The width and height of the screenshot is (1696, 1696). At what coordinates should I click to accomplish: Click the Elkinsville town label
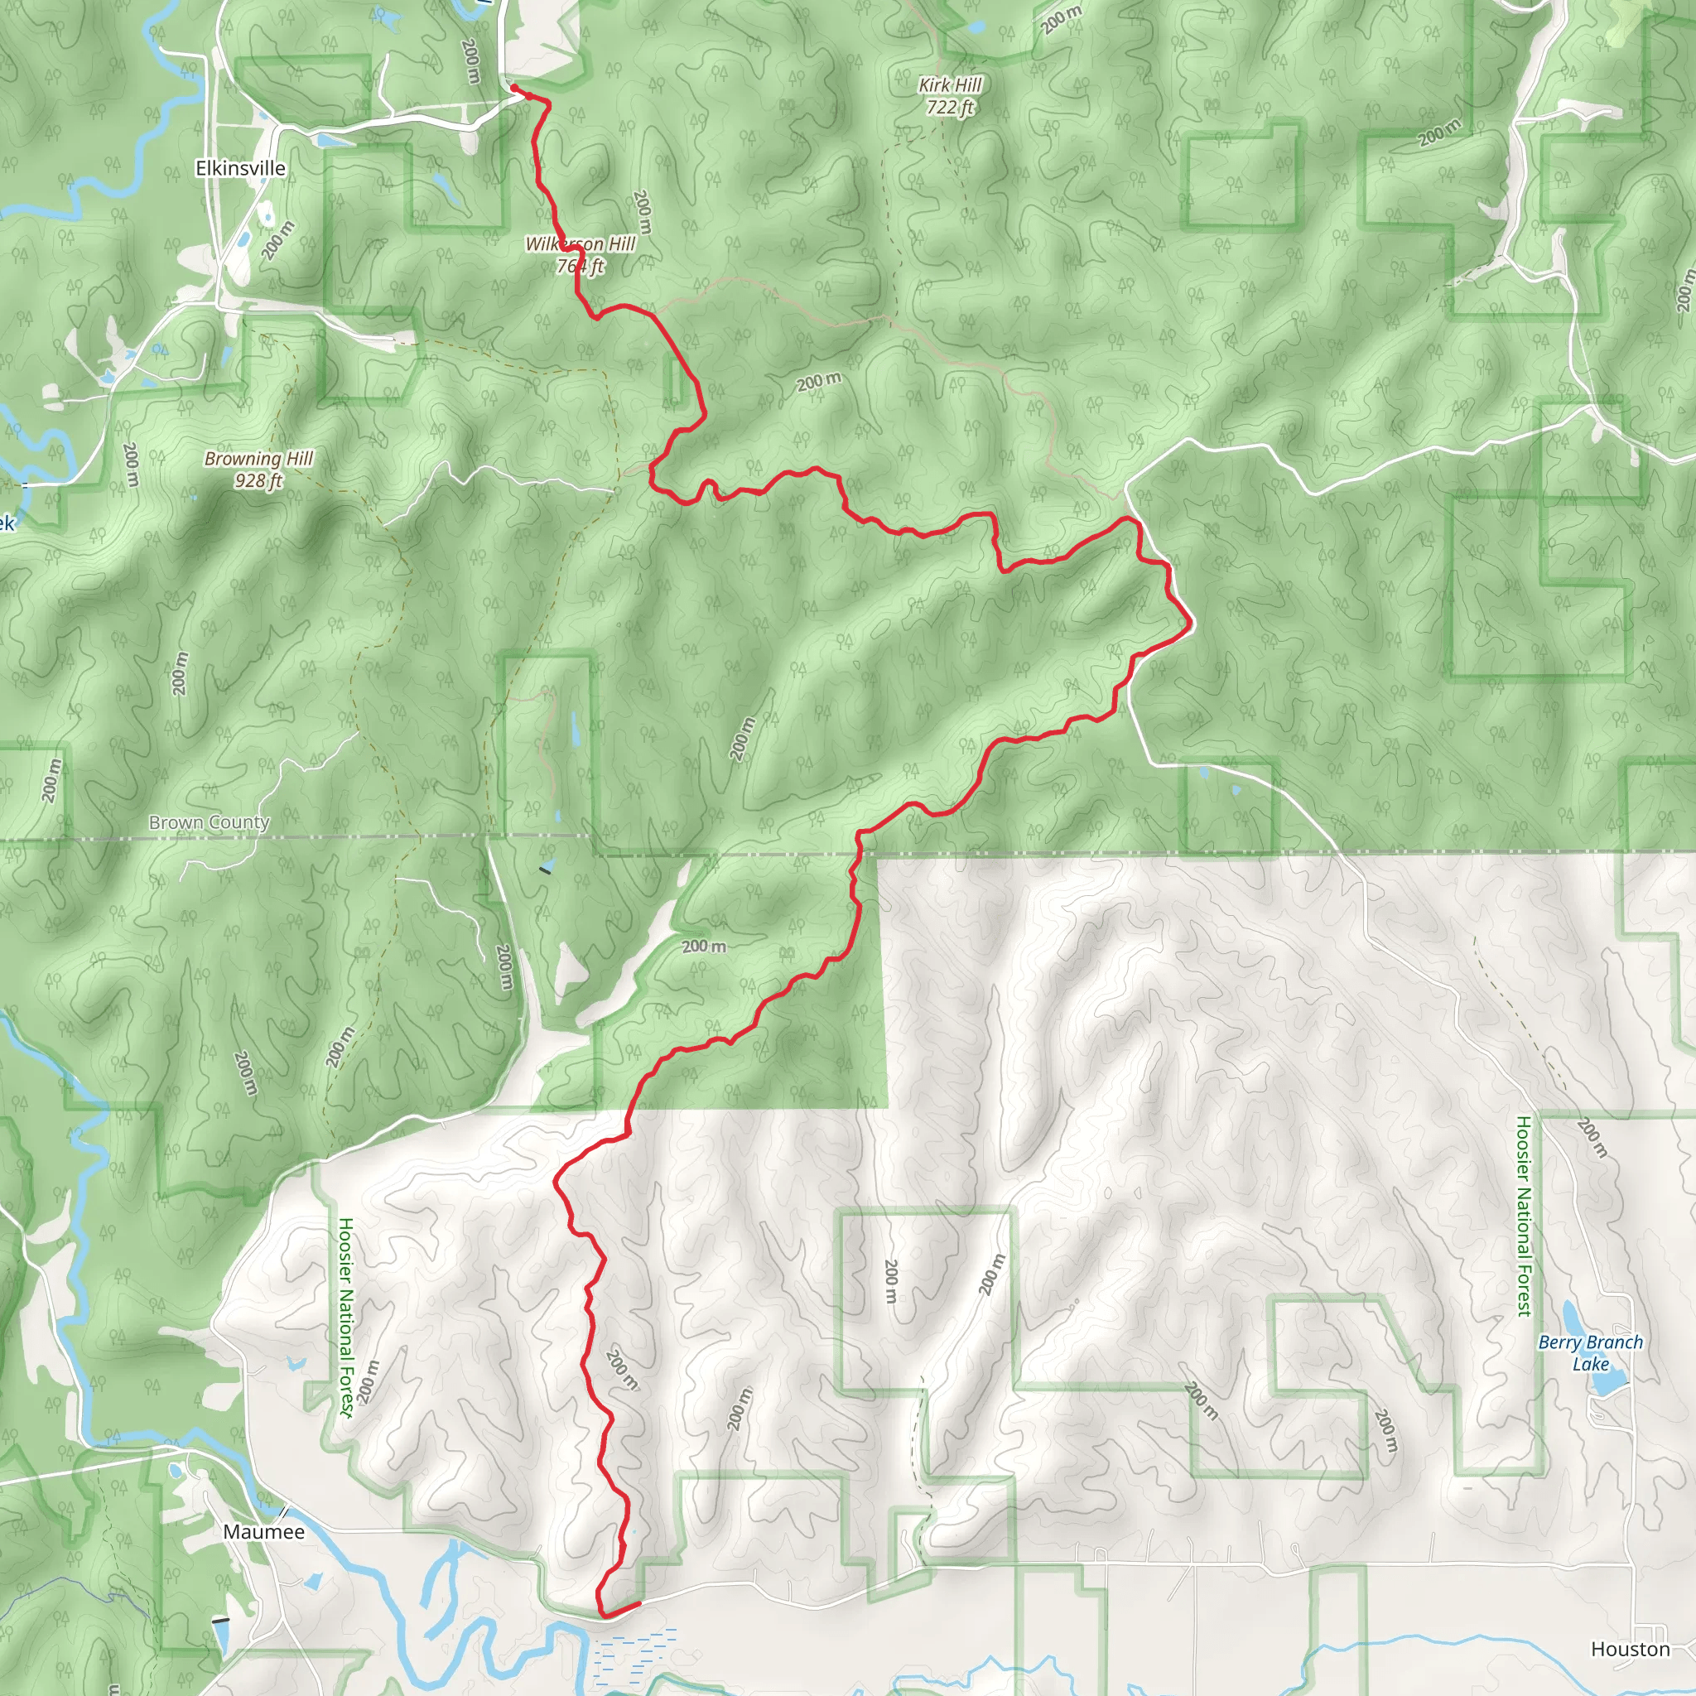point(240,169)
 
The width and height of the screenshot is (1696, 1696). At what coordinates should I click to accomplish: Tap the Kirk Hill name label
point(950,85)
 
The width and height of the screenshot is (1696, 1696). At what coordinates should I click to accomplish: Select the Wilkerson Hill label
point(581,244)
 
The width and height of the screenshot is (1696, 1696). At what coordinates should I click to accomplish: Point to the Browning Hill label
point(258,458)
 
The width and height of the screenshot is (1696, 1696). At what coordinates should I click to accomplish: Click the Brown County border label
point(209,822)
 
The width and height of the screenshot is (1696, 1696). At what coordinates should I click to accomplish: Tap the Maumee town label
point(263,1532)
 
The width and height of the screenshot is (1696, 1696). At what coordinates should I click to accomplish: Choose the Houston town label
point(1630,1650)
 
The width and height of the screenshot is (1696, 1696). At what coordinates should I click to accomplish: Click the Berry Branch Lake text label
point(1590,1353)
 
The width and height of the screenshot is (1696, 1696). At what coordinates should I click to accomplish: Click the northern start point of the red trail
point(513,88)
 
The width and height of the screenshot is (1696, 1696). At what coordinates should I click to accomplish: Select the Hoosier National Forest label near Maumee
point(346,1317)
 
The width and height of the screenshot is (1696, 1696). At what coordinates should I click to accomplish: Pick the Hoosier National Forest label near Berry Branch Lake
point(1523,1216)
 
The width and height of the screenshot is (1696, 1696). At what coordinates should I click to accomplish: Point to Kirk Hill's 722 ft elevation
point(950,108)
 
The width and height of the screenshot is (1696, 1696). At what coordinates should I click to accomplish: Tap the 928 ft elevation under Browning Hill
point(258,481)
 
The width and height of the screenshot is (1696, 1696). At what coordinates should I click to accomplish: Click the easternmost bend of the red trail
point(1191,624)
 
